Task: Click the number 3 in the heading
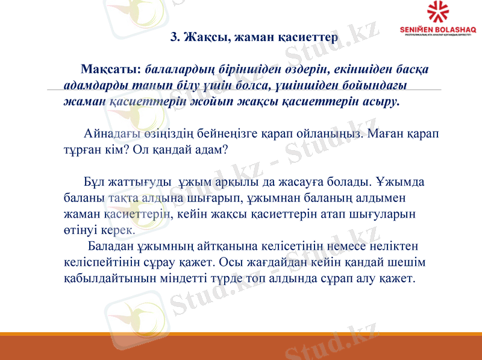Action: click(175, 37)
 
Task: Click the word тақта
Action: click(121, 197)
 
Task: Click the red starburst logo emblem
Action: click(438, 12)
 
